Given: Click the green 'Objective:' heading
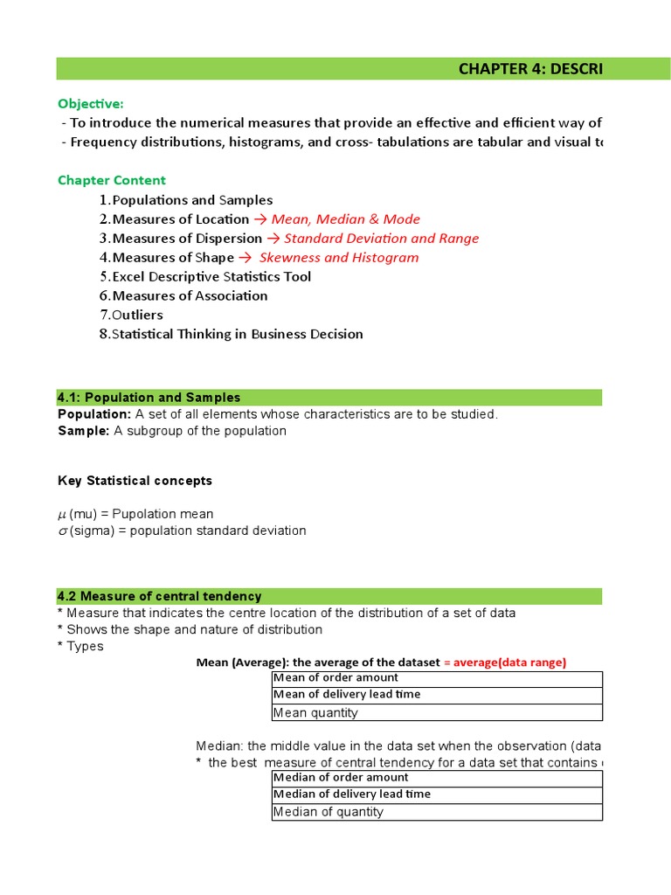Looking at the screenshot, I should pos(91,104).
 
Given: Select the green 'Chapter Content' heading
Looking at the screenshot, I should pos(111,180).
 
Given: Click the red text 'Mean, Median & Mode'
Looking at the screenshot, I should pos(345,219).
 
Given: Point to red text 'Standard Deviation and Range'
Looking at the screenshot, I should pos(381,239).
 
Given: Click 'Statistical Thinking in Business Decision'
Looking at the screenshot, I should pos(237,335).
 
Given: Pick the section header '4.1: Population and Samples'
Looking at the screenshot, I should pos(149,398).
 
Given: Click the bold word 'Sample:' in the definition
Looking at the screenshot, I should pos(83,431).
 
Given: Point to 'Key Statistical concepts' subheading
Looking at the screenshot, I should pos(135,481).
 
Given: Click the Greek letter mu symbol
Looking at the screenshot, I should pos(62,515).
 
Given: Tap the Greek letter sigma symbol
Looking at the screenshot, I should pos(62,531).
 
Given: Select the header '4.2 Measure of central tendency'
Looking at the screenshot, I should pos(159,596).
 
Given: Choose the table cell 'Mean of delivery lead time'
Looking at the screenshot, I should pos(347,695).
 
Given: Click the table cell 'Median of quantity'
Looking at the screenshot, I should pos(329,812).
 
